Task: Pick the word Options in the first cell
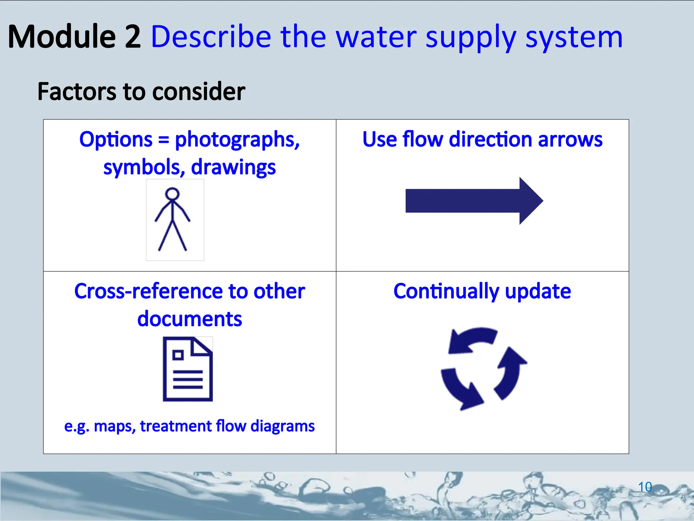[x=116, y=139]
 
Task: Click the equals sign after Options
[x=163, y=140]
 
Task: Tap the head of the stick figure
[x=172, y=194]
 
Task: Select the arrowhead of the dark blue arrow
[x=530, y=201]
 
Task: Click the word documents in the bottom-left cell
[x=189, y=319]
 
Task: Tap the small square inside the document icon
[x=178, y=355]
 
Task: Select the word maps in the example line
[x=115, y=426]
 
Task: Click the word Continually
[x=446, y=291]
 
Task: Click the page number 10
[x=645, y=487]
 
